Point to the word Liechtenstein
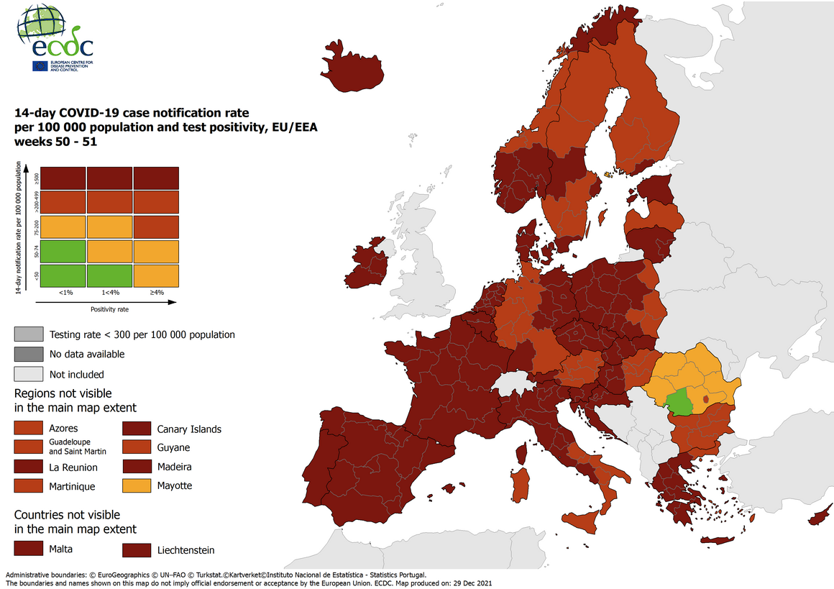185,550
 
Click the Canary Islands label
189,429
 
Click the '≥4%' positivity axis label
155,292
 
